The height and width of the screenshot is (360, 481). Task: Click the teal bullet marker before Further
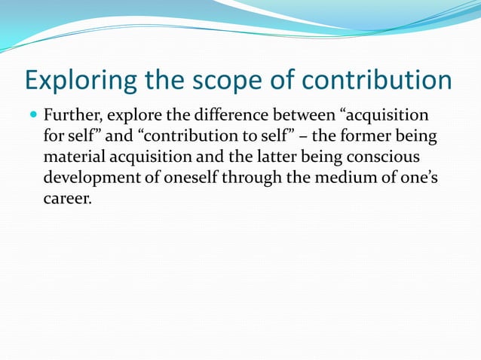pyautogui.click(x=32, y=117)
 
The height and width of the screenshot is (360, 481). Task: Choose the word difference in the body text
pyautogui.click(x=225, y=117)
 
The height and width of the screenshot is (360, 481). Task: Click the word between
pyautogui.click(x=305, y=117)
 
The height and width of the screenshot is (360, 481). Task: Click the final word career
pyautogui.click(x=67, y=202)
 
